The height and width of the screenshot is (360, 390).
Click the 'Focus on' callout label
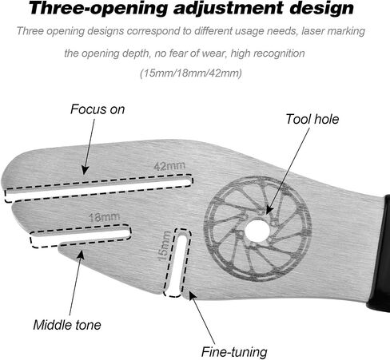[x=97, y=109]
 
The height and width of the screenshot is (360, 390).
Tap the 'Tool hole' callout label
[x=312, y=119]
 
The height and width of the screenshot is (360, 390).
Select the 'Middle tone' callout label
[x=67, y=325]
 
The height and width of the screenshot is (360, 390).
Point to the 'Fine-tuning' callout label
[x=234, y=352]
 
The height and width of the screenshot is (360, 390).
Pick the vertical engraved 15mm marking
[x=165, y=246]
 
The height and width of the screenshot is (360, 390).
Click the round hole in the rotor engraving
[x=257, y=230]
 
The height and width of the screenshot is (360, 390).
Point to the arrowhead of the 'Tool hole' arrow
[x=269, y=209]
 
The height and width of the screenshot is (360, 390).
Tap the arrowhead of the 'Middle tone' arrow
[x=81, y=255]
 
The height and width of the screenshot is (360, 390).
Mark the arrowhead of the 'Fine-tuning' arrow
[x=192, y=295]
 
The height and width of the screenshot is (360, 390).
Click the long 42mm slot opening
[x=98, y=188]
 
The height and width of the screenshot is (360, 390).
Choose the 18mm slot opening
[x=81, y=235]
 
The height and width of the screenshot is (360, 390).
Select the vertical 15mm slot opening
[x=177, y=263]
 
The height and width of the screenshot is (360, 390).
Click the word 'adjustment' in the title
[x=228, y=8]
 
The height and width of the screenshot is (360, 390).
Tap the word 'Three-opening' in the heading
[x=98, y=9]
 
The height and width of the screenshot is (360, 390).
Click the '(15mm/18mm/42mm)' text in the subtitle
[x=191, y=73]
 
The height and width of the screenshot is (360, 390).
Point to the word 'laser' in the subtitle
[x=312, y=31]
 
